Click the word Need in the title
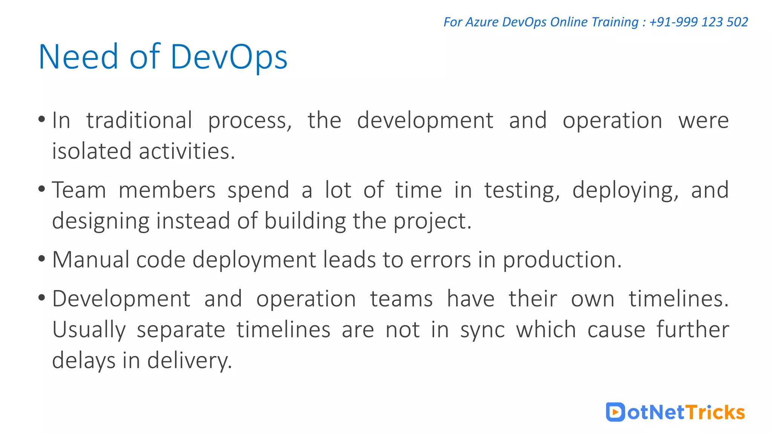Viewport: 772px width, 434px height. (78, 57)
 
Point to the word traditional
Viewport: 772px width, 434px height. (139, 121)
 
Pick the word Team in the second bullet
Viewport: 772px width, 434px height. (79, 190)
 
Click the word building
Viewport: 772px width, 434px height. (305, 221)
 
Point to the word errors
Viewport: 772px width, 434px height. (440, 260)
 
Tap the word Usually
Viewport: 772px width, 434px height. (89, 330)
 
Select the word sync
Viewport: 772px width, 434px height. (482, 330)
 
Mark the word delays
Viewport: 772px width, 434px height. (83, 361)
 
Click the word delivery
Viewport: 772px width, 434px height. (189, 361)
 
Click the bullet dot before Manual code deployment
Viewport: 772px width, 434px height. (42, 259)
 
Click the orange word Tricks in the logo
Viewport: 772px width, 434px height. (715, 412)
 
